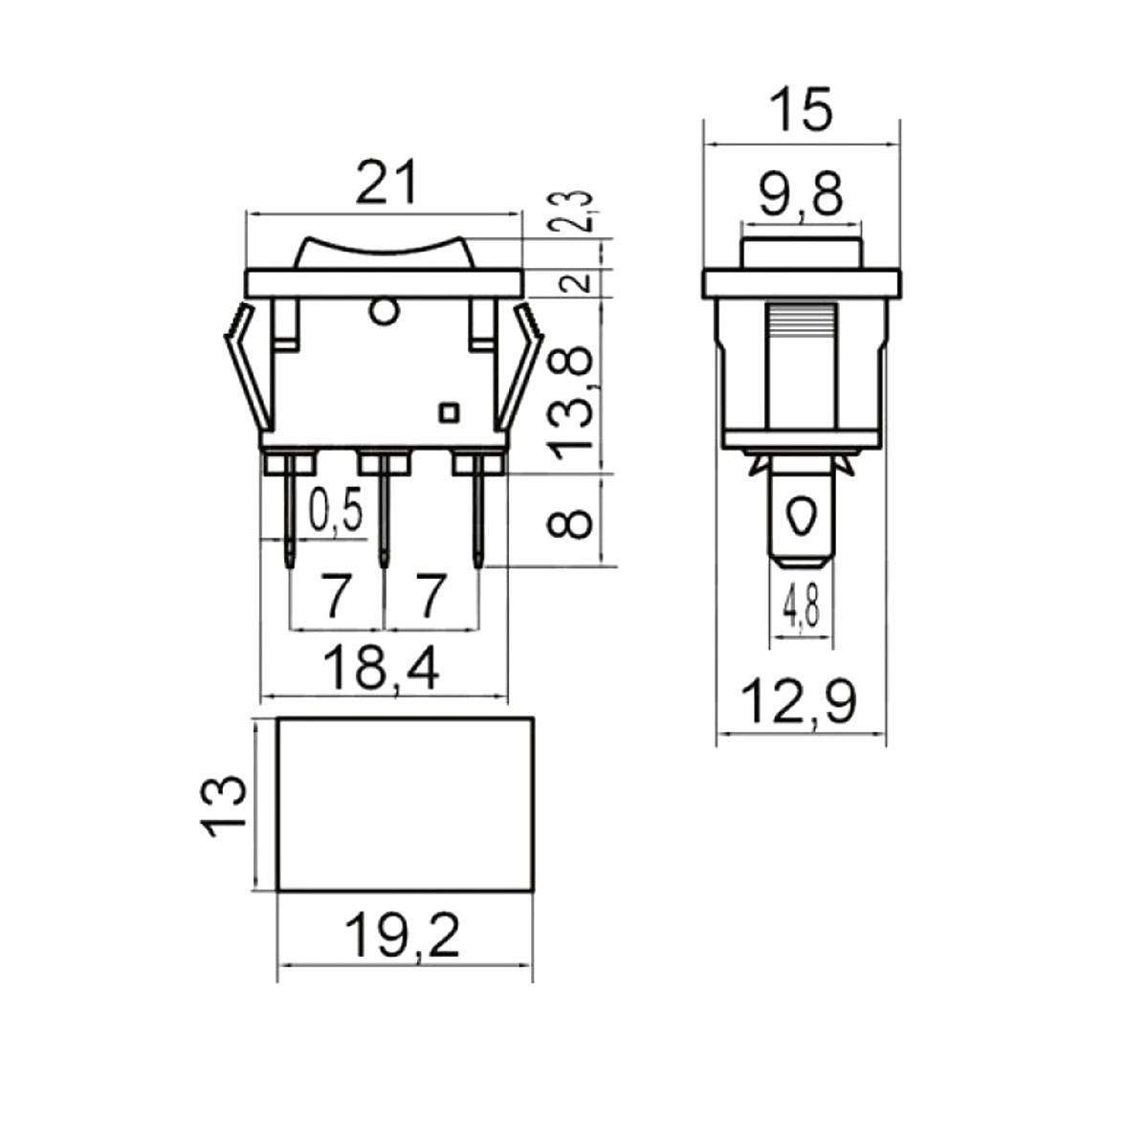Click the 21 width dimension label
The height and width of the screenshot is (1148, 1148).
pos(387,184)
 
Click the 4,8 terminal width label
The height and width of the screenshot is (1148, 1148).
pos(800,607)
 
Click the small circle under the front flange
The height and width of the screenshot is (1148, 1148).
pos(384,311)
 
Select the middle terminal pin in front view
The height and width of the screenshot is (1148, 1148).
pos(385,517)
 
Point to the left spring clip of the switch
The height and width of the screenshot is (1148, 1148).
pos(245,373)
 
